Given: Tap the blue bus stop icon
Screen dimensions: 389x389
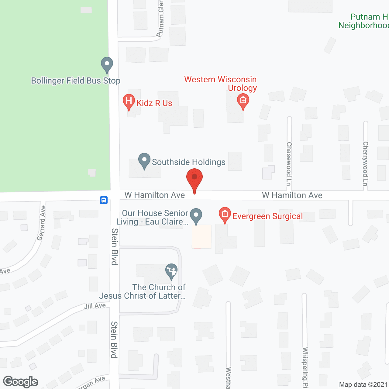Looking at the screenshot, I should [104, 200].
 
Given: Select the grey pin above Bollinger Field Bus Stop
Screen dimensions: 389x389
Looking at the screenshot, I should [107, 64].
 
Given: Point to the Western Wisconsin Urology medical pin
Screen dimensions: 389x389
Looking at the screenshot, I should [243, 101].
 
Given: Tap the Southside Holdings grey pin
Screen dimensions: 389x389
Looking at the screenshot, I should [144, 160].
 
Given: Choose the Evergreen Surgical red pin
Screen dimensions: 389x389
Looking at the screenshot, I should [225, 214].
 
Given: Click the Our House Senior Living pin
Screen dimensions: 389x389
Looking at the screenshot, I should [196, 215].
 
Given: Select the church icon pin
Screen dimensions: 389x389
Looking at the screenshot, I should [171, 271].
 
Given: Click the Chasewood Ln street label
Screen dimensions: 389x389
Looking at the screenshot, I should [289, 164].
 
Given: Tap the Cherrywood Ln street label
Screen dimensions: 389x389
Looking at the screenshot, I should [366, 164].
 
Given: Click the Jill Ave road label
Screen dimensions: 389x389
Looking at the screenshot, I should [95, 306].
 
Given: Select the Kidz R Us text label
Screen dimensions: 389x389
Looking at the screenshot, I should [154, 103].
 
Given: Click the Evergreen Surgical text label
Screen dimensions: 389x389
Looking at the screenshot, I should [267, 216].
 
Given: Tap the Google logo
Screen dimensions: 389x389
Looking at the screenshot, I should [21, 382].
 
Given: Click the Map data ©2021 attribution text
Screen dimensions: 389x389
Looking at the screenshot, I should [363, 385].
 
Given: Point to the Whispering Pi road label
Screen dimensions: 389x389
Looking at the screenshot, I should [305, 368].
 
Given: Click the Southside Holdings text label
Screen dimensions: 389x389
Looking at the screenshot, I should [189, 162].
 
